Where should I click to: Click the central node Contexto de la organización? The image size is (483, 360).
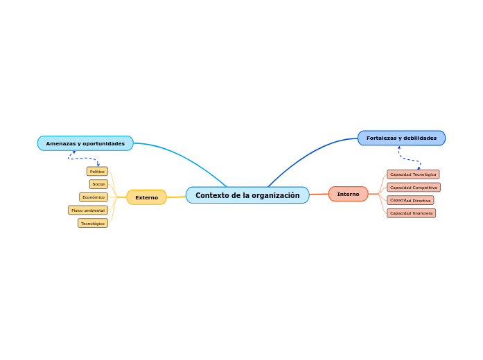(247, 195)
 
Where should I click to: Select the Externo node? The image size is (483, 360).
(146, 197)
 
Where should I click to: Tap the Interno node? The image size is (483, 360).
(348, 194)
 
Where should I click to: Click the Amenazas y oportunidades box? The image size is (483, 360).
(85, 143)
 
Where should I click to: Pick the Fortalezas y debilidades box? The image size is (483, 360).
(401, 138)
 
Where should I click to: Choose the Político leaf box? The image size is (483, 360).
(97, 171)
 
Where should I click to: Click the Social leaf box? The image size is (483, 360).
(98, 184)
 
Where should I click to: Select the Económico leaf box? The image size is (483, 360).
(94, 197)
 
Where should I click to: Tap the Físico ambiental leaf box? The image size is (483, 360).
(88, 210)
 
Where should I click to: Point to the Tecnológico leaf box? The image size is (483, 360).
(93, 223)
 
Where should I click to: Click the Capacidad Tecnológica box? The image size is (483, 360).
(413, 174)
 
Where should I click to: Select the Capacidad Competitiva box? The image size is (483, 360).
(414, 187)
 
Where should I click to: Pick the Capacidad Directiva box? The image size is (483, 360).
(410, 200)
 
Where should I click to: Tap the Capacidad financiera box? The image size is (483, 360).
(411, 213)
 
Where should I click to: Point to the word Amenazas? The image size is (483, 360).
(60, 143)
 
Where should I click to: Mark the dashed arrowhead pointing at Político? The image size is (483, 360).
(98, 165)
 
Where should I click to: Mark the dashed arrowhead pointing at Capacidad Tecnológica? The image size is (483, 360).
(419, 168)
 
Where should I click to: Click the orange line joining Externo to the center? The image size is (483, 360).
(176, 197)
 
